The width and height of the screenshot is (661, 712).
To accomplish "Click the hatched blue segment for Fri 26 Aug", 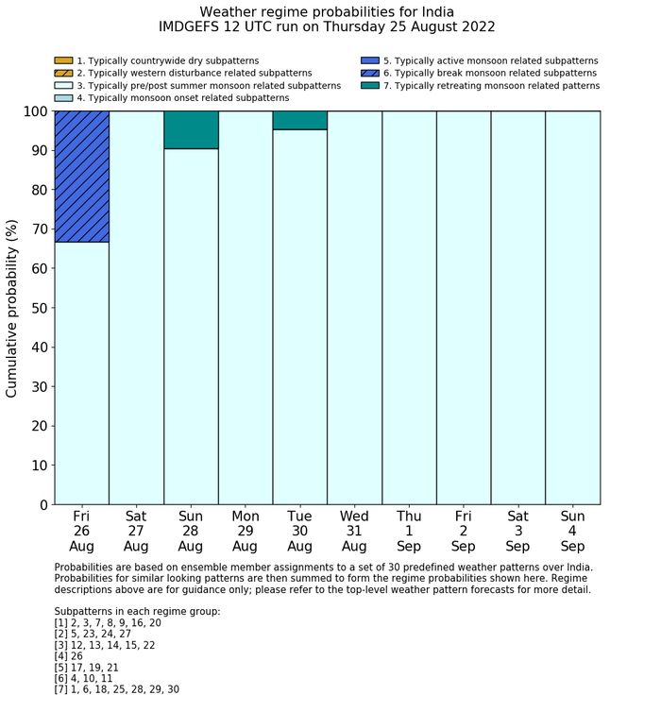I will (81, 177).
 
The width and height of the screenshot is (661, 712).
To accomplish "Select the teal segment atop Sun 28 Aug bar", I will (191, 130).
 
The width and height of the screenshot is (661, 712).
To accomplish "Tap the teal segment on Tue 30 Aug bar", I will (299, 120).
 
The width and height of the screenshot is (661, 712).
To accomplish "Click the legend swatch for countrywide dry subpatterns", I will (63, 61).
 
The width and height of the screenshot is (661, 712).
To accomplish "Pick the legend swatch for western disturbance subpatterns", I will (63, 73).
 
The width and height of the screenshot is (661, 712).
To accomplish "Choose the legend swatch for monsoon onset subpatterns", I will (63, 97).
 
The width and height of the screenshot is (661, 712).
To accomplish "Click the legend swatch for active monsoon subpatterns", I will (370, 61).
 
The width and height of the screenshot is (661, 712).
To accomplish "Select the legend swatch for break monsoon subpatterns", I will (370, 73).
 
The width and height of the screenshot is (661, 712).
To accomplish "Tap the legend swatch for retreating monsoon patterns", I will (370, 85).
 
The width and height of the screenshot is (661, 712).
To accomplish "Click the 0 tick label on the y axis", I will (42, 505).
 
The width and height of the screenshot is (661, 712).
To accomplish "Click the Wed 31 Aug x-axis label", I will (354, 531).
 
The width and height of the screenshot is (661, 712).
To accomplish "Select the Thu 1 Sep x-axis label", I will (409, 531).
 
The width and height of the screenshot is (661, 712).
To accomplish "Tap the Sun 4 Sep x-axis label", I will (572, 531).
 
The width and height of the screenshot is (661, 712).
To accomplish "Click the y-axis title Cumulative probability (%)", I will (12, 308).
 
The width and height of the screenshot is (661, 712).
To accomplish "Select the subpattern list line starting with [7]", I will (116, 689).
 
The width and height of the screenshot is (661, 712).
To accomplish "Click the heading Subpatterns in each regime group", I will (137, 612).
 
